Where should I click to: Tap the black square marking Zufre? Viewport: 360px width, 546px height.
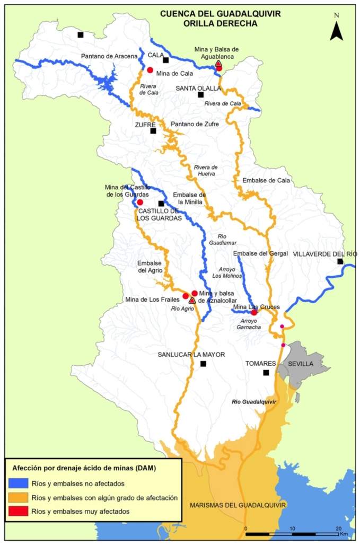[153, 131]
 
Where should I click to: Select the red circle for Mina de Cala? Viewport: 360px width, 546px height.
[150, 70]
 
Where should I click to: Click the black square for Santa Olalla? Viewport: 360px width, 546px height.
[200, 95]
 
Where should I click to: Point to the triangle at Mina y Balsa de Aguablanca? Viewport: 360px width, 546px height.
[218, 64]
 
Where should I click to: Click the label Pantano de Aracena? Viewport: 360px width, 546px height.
[109, 56]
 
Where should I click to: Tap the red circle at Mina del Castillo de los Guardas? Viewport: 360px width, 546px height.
[140, 202]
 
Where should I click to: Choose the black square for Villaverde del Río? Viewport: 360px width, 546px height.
[340, 261]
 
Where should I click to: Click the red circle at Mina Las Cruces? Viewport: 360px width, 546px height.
[254, 312]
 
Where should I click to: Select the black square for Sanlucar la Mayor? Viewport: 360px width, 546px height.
[203, 364]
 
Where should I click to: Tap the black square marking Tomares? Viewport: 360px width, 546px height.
[266, 373]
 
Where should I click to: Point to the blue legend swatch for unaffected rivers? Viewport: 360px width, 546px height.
[19, 483]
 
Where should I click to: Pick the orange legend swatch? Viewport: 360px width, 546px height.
[19, 498]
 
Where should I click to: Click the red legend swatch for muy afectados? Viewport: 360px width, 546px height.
[19, 512]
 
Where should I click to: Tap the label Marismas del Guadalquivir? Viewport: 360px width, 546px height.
[238, 505]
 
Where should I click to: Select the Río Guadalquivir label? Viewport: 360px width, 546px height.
[254, 402]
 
